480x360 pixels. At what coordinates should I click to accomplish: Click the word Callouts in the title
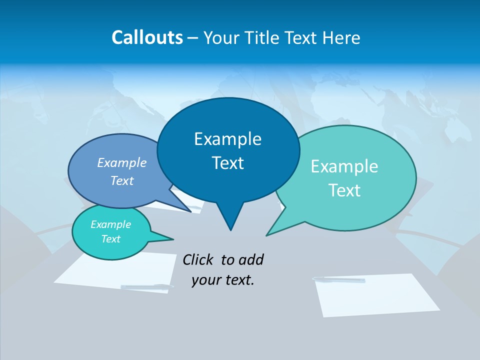coord(147,37)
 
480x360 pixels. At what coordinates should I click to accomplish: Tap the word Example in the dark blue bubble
coord(228,139)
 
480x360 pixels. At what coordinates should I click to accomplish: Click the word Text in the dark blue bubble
coord(228,163)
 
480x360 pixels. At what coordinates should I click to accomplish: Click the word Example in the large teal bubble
coord(344,166)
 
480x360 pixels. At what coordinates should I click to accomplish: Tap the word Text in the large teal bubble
coord(344,190)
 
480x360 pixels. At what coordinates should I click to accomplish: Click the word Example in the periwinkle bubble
coord(122,162)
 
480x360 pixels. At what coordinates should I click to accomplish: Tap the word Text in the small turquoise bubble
coord(111,239)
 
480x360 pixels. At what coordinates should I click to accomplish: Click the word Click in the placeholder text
coord(198,259)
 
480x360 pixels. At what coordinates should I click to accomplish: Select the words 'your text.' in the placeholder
coord(223,280)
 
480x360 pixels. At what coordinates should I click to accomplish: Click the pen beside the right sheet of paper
coord(339,279)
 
